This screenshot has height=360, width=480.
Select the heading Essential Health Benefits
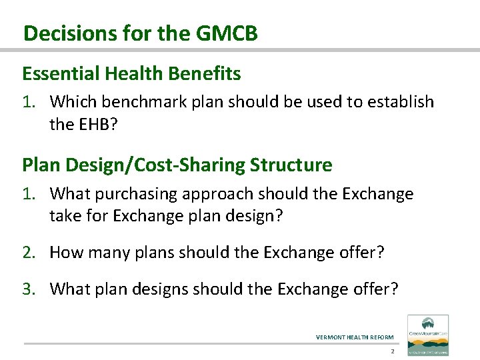coord(131,73)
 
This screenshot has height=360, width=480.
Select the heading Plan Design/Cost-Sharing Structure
coord(177,164)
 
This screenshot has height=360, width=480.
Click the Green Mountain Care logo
coord(427,334)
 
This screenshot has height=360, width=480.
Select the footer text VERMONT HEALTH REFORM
coord(354,337)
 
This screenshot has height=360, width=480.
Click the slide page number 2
coord(393,351)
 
